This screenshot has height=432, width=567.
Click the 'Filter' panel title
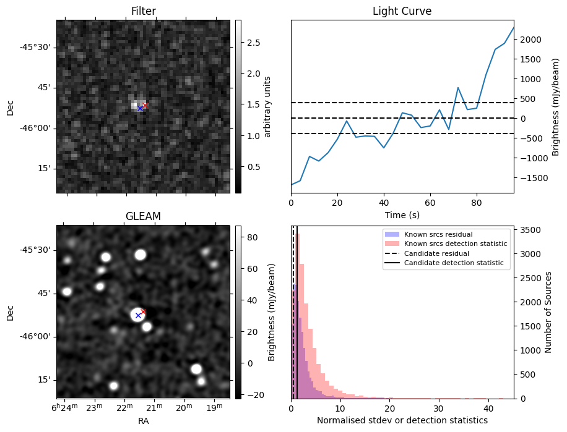click(x=143, y=11)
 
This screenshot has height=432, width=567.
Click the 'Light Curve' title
click(x=402, y=11)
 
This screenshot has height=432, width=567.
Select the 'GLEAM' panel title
click(x=143, y=216)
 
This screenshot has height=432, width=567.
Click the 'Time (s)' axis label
click(x=402, y=214)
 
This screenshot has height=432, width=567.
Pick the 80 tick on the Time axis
click(x=476, y=202)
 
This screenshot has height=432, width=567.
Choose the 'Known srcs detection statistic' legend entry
click(x=455, y=244)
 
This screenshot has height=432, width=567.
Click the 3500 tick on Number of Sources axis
click(x=532, y=230)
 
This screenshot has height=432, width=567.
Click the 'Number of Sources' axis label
click(x=548, y=311)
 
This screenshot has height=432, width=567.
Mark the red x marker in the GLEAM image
click(x=144, y=311)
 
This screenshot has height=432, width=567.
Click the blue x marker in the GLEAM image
click(x=138, y=315)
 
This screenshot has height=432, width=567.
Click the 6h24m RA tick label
click(x=64, y=407)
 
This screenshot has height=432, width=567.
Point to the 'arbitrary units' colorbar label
click(x=268, y=106)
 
